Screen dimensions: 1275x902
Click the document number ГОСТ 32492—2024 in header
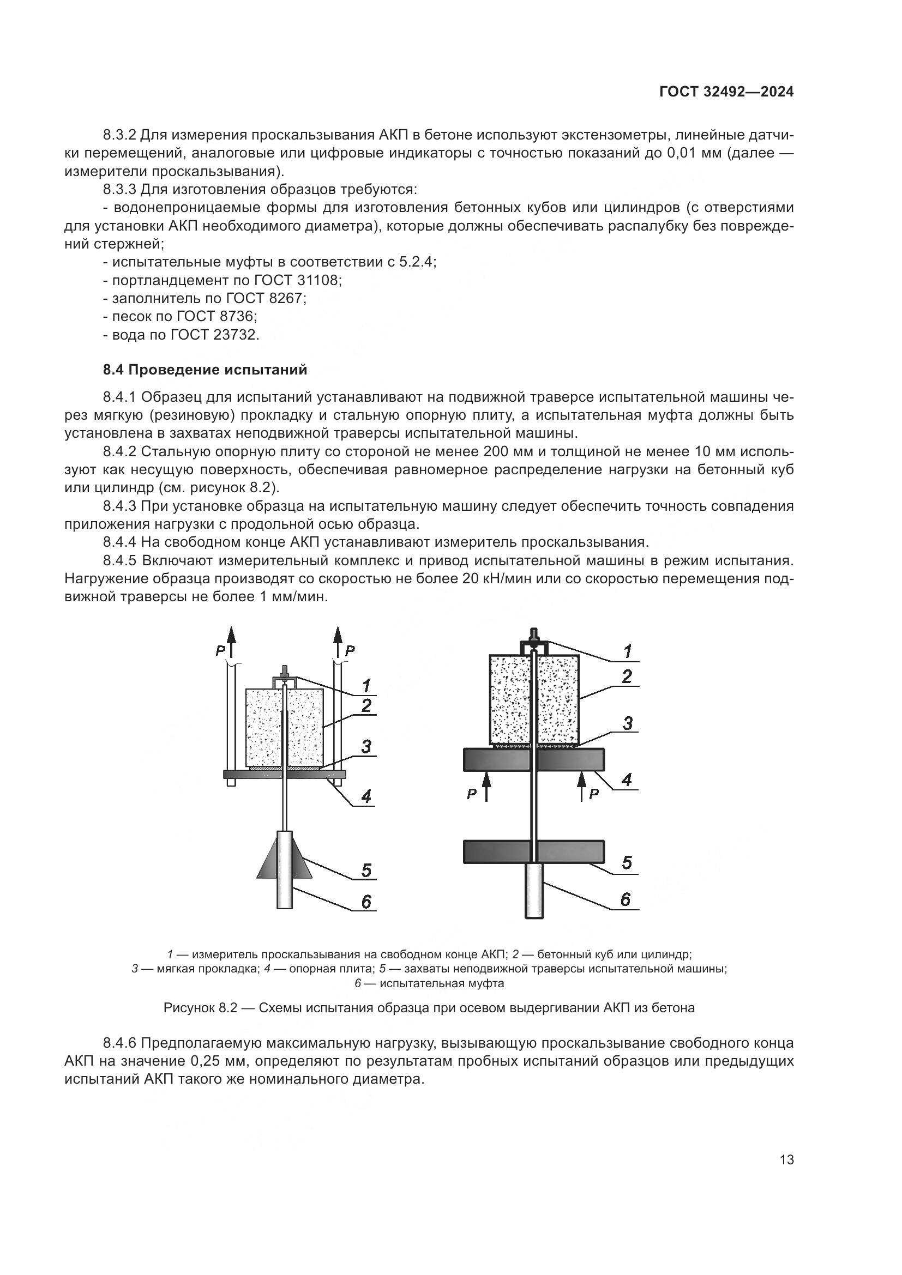click(x=726, y=92)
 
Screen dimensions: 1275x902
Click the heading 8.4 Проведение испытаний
click(x=205, y=369)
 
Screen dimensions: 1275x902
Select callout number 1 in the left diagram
click(x=365, y=685)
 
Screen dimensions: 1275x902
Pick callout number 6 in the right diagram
click(x=626, y=899)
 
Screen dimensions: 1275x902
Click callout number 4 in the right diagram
click(x=627, y=779)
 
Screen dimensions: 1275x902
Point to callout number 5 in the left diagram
click(x=366, y=869)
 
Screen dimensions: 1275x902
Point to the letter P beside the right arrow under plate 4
click(x=594, y=794)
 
